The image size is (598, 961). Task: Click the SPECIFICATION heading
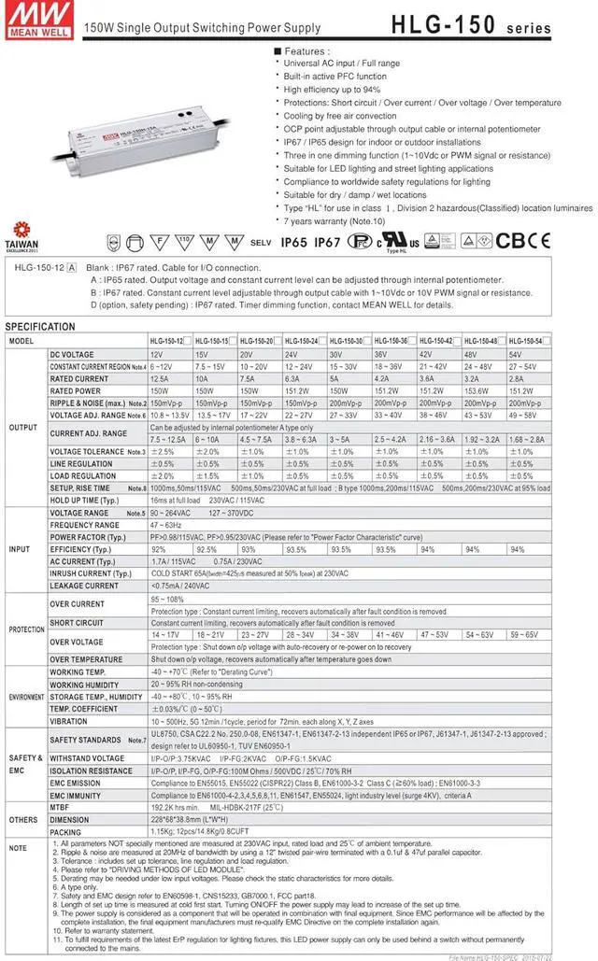[x=40, y=327]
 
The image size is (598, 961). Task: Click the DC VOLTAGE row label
[x=72, y=355]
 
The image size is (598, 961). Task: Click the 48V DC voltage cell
[x=473, y=355]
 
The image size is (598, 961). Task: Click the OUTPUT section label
[x=23, y=426]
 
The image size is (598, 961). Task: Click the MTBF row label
[x=61, y=805]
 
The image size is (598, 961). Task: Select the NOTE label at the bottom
[x=18, y=847]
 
